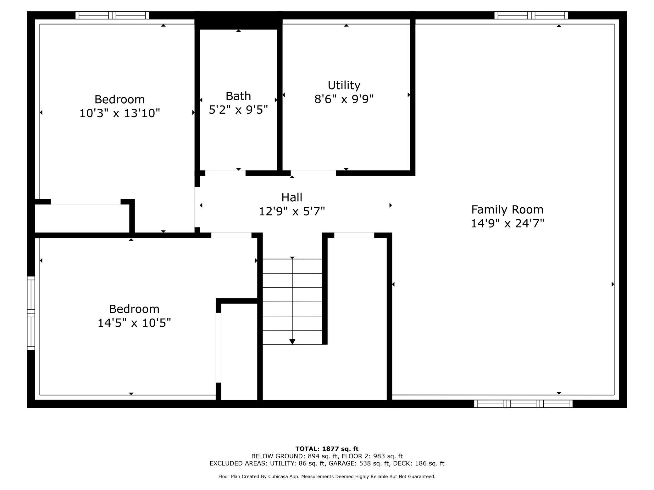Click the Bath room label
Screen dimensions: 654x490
(238, 96)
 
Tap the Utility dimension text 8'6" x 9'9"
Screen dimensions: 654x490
(344, 99)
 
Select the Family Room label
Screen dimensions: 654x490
(507, 210)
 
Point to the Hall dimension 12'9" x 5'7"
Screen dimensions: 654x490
(292, 211)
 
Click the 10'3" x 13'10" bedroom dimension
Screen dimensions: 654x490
(119, 113)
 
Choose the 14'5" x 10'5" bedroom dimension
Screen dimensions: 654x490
(134, 323)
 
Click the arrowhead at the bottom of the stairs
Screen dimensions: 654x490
(292, 342)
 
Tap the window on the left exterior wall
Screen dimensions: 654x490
(31, 313)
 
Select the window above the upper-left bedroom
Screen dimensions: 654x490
(112, 15)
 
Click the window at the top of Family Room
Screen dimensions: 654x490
(531, 15)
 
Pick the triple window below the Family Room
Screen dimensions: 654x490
(523, 404)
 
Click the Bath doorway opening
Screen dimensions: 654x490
(225, 173)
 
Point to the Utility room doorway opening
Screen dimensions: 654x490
(313, 173)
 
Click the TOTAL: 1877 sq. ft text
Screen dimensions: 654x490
(327, 449)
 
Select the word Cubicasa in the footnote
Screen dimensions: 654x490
(279, 476)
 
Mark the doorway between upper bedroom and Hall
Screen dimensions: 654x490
(197, 207)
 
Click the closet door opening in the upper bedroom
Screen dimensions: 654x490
(86, 202)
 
